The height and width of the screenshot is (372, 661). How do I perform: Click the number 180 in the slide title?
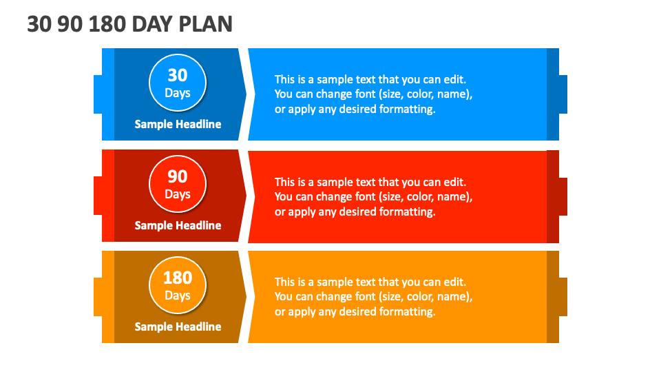point(107,24)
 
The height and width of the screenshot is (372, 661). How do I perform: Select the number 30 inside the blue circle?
point(178,75)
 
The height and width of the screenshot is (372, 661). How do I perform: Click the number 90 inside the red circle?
point(178,176)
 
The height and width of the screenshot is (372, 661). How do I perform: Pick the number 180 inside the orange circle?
point(178,278)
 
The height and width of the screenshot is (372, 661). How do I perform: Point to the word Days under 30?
point(178,93)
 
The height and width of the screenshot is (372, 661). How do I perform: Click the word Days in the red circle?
point(178,194)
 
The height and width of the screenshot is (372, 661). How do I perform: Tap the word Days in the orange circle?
point(178,296)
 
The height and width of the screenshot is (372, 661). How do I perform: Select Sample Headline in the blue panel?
point(178,124)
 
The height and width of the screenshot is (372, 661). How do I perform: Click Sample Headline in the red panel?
point(178,225)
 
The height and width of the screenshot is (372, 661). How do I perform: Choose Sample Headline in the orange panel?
point(178,327)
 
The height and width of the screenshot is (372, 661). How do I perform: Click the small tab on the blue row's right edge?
point(563,94)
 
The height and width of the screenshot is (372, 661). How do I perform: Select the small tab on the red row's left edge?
point(98,196)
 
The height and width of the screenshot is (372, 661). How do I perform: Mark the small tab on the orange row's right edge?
point(563,297)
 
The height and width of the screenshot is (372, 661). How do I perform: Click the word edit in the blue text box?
point(455,79)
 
